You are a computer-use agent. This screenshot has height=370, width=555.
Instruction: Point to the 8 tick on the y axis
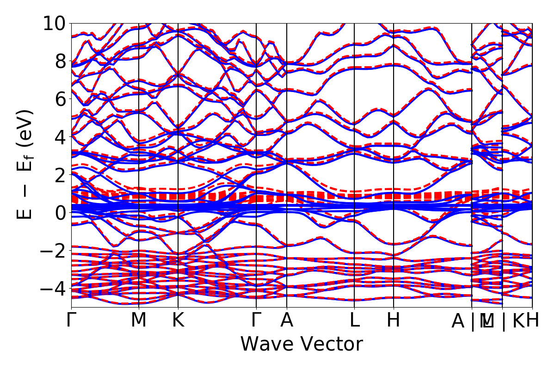[59, 61]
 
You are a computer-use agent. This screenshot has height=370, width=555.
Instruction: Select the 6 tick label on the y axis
[59, 99]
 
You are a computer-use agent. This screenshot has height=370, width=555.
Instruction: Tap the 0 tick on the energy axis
[59, 213]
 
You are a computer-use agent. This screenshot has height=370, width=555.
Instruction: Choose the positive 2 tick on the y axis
[59, 175]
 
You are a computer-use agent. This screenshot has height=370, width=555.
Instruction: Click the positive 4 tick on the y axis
[59, 137]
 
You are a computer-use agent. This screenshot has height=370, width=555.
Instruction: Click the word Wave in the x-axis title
[267, 344]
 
